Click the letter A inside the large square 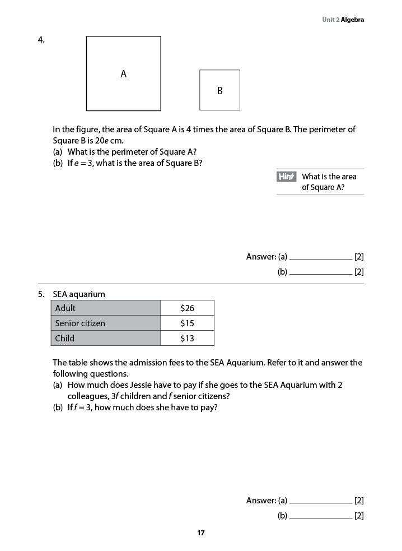tap(124, 74)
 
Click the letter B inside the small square tap(219, 90)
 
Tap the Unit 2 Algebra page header tap(343, 20)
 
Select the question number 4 tap(41, 40)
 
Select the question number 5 tap(41, 294)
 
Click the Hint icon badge tap(286, 177)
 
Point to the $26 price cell tap(187, 308)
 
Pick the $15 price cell tap(187, 323)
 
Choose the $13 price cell tap(187, 338)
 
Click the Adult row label tap(66, 308)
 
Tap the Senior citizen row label tap(80, 323)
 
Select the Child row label tap(64, 338)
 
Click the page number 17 tap(201, 533)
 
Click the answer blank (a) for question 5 tap(320, 501)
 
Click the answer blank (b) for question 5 tap(320, 516)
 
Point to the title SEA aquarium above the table tap(79, 294)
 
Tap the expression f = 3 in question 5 tap(80, 408)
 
